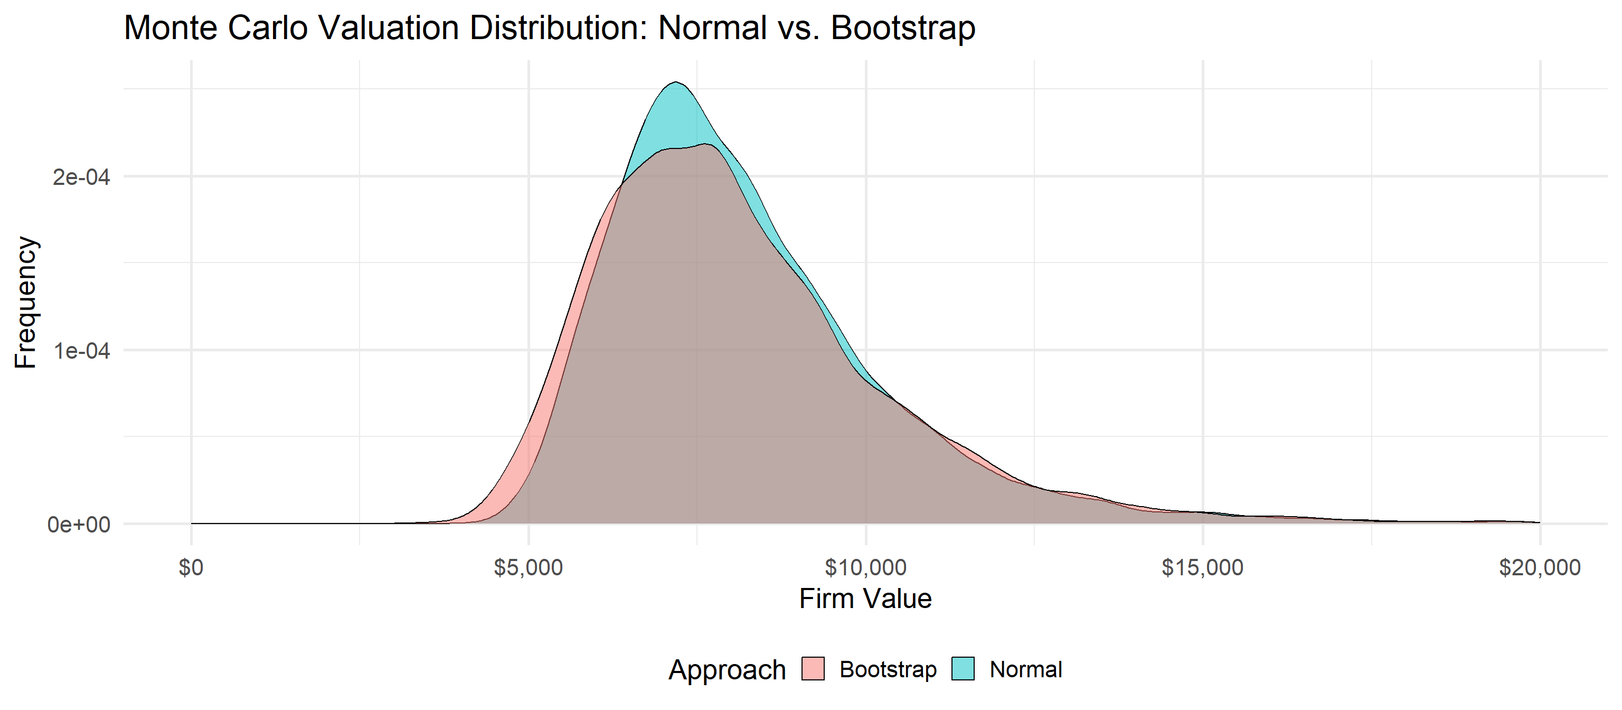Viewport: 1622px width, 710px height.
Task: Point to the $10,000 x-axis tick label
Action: pyautogui.click(x=865, y=567)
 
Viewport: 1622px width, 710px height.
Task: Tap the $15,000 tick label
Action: pyautogui.click(x=1202, y=567)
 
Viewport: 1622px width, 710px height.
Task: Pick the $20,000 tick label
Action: pyautogui.click(x=1539, y=567)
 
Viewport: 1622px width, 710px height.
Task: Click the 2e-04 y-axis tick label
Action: pyautogui.click(x=81, y=177)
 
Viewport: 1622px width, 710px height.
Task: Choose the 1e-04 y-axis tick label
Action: pyautogui.click(x=81, y=351)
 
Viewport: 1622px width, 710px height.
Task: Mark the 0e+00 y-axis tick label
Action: pyautogui.click(x=79, y=524)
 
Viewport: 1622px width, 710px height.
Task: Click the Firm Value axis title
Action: pyautogui.click(x=865, y=599)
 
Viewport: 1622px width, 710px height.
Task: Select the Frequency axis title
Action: pyautogui.click(x=26, y=302)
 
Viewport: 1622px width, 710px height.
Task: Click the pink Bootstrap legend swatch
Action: pyautogui.click(x=813, y=669)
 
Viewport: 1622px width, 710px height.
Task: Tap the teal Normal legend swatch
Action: pyautogui.click(x=963, y=669)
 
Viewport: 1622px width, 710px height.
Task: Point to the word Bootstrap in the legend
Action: pyautogui.click(x=888, y=669)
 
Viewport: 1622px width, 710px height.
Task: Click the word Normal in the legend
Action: pyautogui.click(x=1026, y=669)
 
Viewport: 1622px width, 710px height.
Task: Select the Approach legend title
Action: pyautogui.click(x=727, y=670)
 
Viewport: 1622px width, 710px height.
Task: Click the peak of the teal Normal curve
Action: pyautogui.click(x=676, y=82)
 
